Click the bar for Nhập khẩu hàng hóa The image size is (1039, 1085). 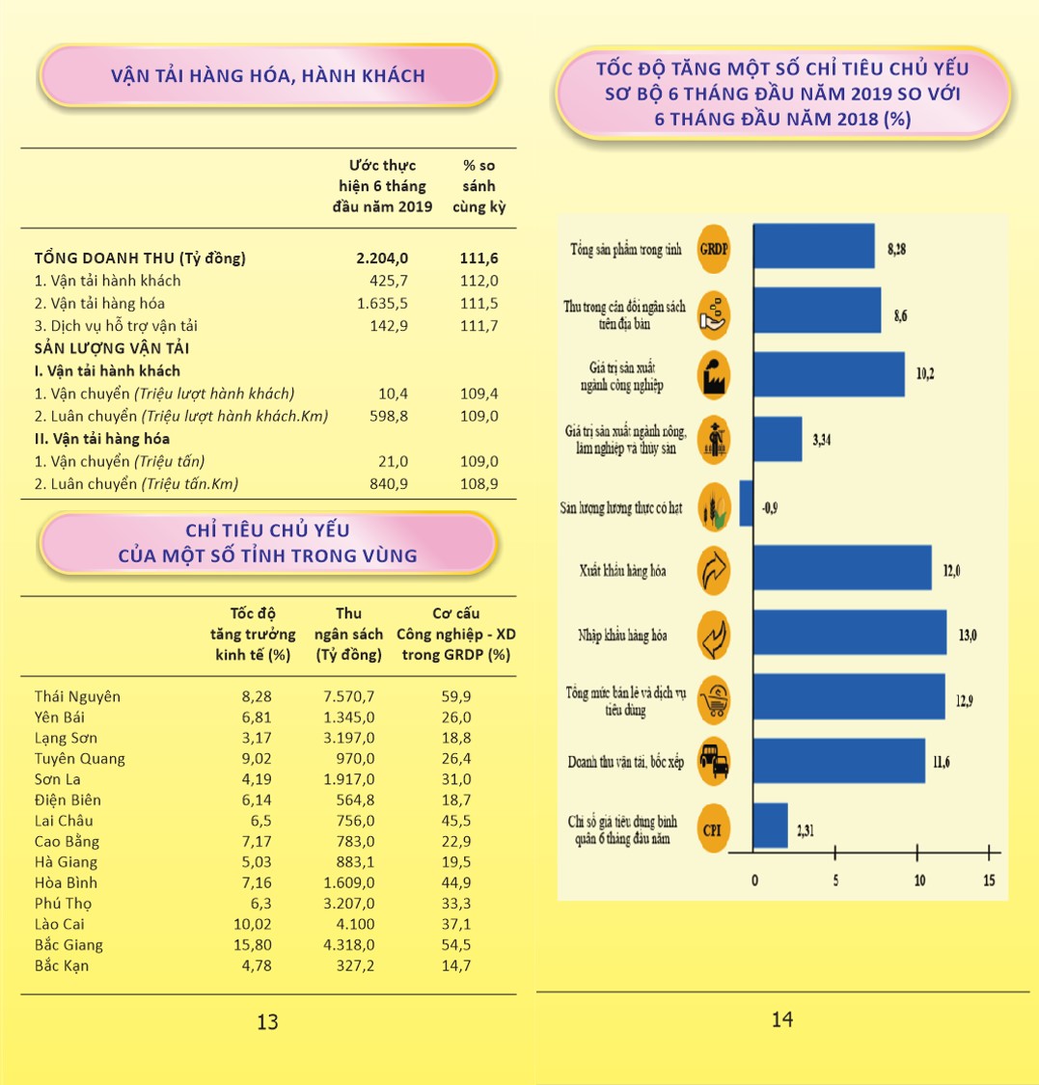pos(849,634)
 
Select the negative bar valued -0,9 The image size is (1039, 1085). pos(746,503)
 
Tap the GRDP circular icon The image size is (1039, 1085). pos(714,248)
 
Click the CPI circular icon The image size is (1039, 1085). pos(714,827)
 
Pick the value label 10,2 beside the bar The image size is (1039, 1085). pos(925,374)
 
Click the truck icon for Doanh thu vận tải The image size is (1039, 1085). pos(714,762)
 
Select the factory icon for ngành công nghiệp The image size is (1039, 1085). pos(714,376)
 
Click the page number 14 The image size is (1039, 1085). pos(782,1019)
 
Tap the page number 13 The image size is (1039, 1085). pos(267,1022)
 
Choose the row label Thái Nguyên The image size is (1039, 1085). pos(77,696)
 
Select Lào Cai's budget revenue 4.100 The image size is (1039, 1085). pos(355,924)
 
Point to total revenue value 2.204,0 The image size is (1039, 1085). pos(383,258)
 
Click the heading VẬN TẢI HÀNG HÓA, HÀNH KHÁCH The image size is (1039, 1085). pos(267,75)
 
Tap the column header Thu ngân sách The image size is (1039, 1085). pos(348,635)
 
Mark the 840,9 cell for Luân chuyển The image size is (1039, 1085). pos(388,484)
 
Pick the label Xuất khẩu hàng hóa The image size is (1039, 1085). pos(623,571)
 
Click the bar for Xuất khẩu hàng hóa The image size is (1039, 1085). pos(841,568)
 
